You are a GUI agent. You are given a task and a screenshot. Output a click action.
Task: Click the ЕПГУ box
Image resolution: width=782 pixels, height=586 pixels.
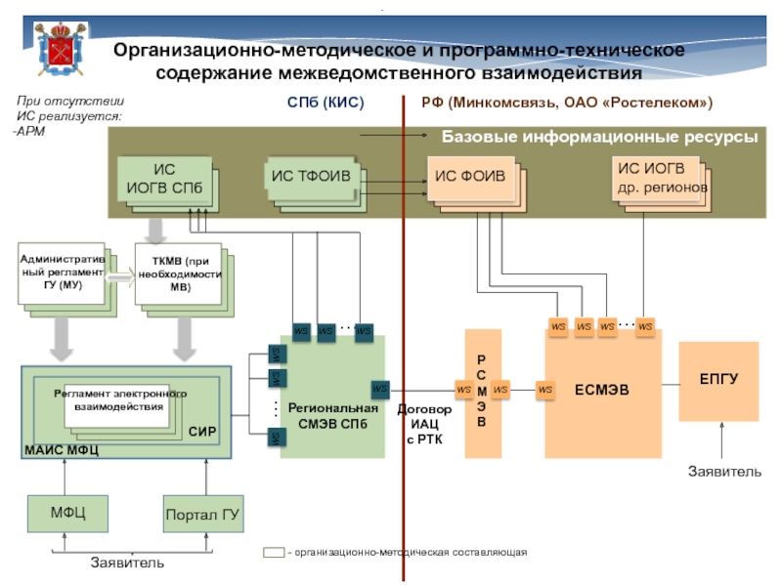pos(718,380)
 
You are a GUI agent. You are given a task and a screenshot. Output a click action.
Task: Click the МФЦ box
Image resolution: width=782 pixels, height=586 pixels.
pos(67,514)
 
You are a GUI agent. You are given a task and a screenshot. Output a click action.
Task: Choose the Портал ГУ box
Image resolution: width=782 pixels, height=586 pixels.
pos(202,514)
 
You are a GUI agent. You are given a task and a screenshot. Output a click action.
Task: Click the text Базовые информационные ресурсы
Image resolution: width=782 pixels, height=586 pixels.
pos(599,138)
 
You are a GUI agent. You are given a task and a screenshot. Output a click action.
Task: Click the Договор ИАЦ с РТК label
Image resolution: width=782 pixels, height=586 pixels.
pos(425,423)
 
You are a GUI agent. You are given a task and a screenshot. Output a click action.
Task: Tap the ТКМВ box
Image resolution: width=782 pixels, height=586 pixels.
pos(178,274)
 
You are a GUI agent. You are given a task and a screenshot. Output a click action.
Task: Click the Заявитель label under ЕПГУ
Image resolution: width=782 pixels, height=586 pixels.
pos(725,472)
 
